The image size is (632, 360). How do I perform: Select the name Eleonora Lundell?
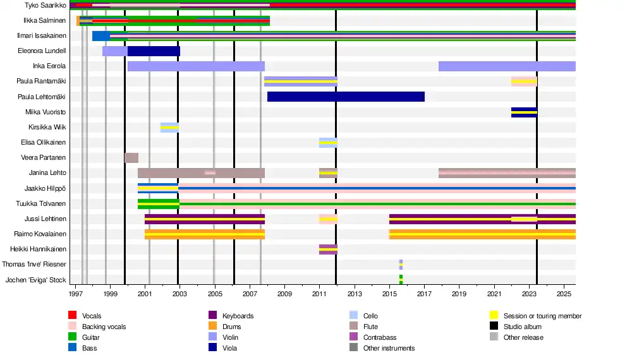(x=42, y=51)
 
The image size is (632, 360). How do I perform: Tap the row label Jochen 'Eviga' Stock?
(x=35, y=280)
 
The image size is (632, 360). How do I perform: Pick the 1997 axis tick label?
(x=76, y=294)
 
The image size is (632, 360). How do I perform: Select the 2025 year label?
(x=564, y=294)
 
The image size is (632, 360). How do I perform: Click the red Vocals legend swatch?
(x=72, y=316)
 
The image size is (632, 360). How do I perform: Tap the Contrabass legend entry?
(x=380, y=337)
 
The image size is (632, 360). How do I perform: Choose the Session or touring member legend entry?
(x=542, y=316)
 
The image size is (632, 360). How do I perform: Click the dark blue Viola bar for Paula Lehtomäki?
(x=346, y=97)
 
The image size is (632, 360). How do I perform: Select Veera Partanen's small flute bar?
(x=131, y=158)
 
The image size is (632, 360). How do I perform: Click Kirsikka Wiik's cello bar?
(x=169, y=127)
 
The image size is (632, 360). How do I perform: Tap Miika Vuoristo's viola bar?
(x=524, y=112)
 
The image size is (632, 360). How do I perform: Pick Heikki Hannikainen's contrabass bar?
(x=328, y=249)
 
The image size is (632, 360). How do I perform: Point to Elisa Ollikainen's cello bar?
(x=328, y=143)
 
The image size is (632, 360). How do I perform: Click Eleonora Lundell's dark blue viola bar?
(x=154, y=51)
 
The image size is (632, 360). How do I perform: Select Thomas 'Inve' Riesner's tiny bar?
(x=401, y=265)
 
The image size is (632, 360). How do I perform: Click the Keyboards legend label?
(x=238, y=316)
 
